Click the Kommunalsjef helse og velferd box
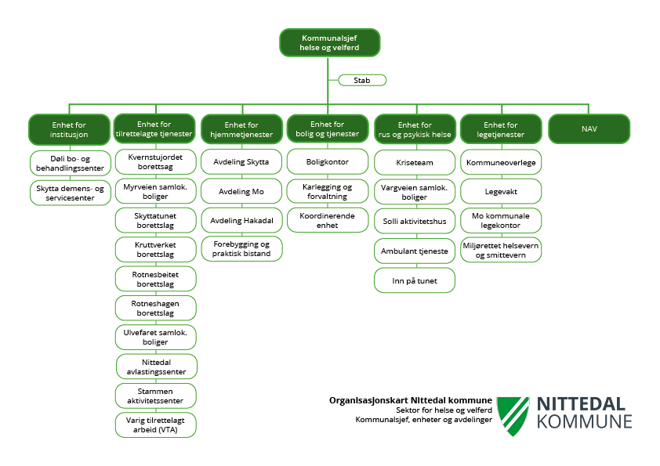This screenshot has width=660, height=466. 329,42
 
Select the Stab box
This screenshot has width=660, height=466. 362,80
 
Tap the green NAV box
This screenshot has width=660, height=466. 589,129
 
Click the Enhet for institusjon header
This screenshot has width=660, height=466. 69,129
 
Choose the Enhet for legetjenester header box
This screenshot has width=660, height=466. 500,129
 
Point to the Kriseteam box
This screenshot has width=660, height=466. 415,162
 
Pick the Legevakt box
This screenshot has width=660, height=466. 500,190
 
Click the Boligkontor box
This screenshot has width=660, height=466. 328,162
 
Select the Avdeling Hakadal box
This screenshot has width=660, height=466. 241,220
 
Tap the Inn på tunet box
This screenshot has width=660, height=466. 415,280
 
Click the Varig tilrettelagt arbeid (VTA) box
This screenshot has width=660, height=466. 155,424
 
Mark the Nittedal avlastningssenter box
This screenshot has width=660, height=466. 157,367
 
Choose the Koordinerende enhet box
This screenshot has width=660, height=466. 328,220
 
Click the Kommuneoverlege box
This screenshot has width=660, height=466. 500,162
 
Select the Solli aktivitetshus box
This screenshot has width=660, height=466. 415,221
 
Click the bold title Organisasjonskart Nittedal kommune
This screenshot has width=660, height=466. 411,400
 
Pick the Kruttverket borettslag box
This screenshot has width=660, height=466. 155,250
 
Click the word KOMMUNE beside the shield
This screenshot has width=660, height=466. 584,422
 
